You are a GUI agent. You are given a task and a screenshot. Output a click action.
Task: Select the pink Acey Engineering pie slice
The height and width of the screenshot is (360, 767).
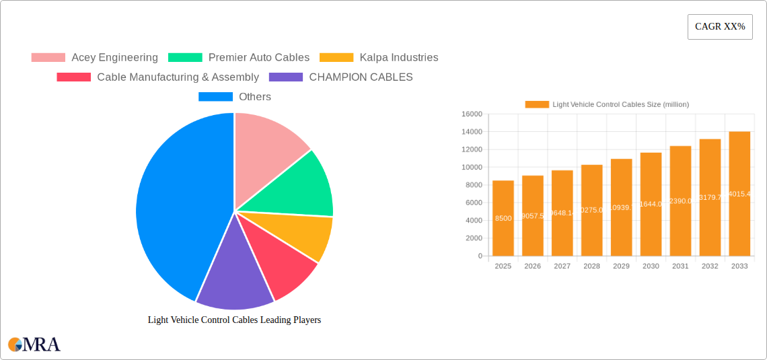pos(266,148)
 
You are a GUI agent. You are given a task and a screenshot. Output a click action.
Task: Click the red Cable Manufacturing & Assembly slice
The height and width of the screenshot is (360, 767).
pos(283,266)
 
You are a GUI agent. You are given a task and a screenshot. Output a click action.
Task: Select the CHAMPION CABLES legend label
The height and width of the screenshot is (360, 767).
pos(361,77)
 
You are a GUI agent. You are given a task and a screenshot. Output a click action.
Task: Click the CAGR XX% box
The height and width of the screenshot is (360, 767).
pos(720,27)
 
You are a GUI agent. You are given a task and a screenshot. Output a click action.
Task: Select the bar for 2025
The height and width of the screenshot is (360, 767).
pos(503,218)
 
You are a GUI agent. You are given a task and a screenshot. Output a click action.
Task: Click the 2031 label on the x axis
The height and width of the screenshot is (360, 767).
pos(680,266)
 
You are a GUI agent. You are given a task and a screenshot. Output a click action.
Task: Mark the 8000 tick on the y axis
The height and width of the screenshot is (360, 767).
pos(473,185)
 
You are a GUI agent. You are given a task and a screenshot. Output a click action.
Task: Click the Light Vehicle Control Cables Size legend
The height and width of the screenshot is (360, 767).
pos(607,104)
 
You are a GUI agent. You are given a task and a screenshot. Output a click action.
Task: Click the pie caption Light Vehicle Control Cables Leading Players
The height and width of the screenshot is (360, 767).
pos(234,320)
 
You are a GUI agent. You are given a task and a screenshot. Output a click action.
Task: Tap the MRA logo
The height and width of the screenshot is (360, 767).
pos(34,345)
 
